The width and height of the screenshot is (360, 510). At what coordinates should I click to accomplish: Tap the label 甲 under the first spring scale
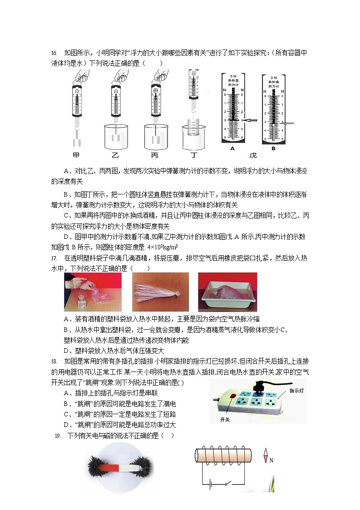[76, 155]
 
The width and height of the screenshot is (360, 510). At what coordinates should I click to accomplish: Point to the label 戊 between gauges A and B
[253, 155]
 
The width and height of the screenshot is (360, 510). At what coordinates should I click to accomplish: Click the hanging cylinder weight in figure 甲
[77, 143]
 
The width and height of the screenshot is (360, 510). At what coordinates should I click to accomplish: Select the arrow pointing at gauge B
[287, 123]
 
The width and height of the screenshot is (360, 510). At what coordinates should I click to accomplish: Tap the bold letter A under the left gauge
[232, 148]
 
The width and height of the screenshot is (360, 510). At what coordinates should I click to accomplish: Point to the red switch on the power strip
[233, 396]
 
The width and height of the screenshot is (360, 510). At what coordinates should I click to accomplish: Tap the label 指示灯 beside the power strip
[298, 390]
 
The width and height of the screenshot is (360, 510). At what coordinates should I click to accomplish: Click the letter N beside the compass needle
[271, 460]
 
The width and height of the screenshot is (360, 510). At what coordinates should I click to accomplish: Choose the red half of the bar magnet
[112, 467]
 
